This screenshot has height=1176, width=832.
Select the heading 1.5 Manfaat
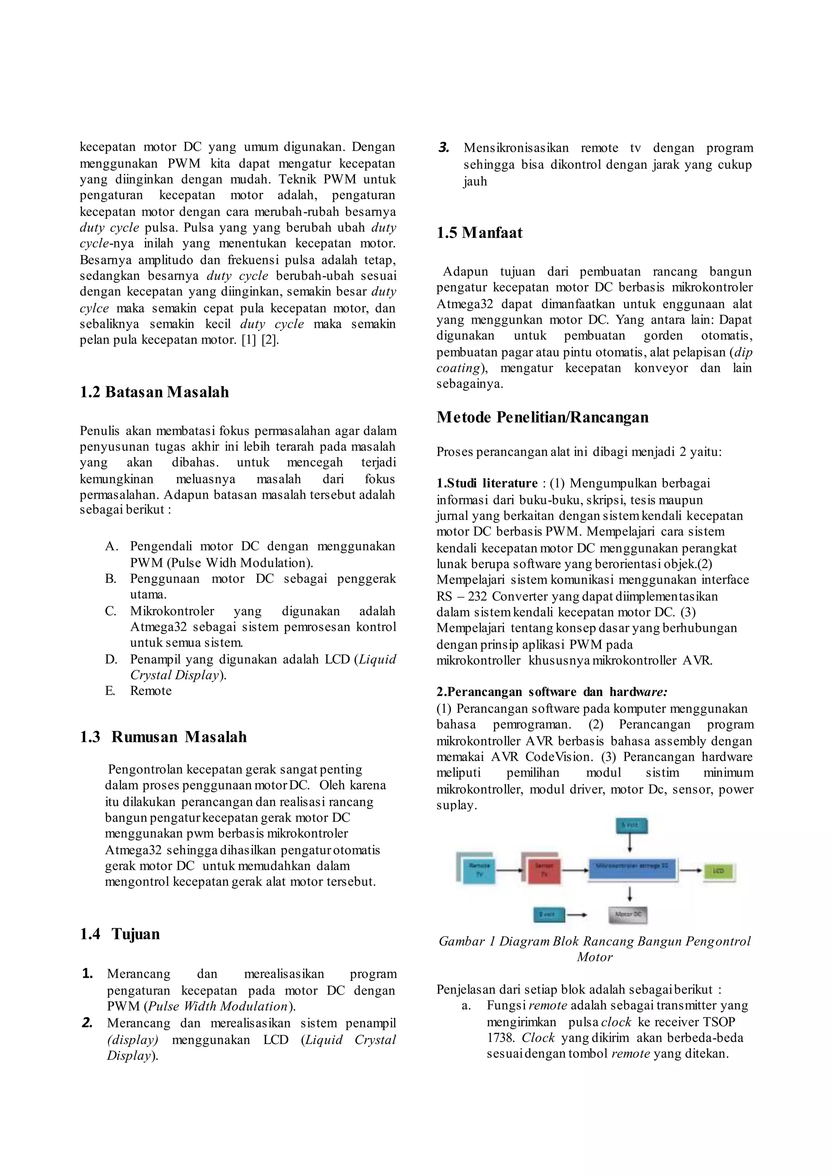(479, 233)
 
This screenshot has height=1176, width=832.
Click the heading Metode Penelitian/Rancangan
(542, 417)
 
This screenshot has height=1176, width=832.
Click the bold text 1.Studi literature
(487, 483)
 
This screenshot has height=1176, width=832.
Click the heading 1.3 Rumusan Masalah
(163, 737)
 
